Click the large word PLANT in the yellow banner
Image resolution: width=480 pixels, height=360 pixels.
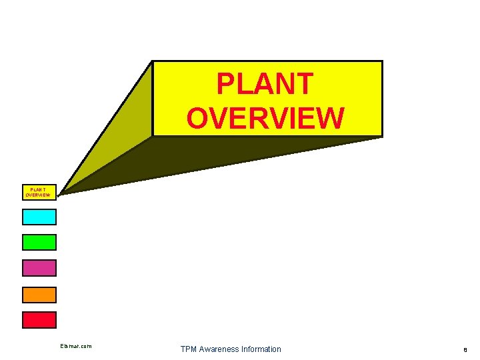coord(265,84)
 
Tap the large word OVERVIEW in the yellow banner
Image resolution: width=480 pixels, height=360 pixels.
coord(265,117)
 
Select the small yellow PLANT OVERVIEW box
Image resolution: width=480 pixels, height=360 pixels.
coord(39,191)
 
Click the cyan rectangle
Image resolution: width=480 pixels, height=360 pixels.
coord(39,217)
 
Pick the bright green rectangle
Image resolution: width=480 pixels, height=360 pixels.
coord(39,242)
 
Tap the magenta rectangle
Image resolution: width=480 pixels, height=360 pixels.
coord(39,268)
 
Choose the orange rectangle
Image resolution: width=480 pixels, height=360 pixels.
coord(39,294)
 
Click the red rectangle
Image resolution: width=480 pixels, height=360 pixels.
coord(39,320)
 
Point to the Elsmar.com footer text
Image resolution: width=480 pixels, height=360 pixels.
coord(75,346)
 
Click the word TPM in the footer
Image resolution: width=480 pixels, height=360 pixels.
coord(189,349)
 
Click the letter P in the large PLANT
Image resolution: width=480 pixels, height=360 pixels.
coord(226,84)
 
